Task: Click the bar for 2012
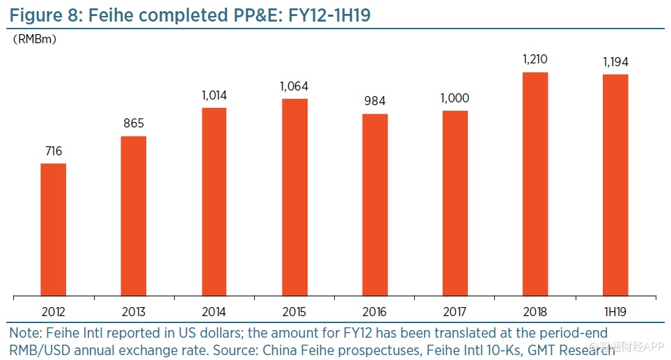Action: point(54,229)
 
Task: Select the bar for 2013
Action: point(134,216)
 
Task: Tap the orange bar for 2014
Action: point(214,202)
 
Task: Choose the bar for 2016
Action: point(375,205)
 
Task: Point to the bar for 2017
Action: point(455,203)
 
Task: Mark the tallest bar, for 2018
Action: point(535,184)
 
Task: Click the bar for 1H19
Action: point(616,185)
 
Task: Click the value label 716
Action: point(53,151)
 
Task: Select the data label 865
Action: point(134,124)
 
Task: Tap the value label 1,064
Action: point(294,87)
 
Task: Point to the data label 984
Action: point(375,102)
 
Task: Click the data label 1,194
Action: point(616,63)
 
